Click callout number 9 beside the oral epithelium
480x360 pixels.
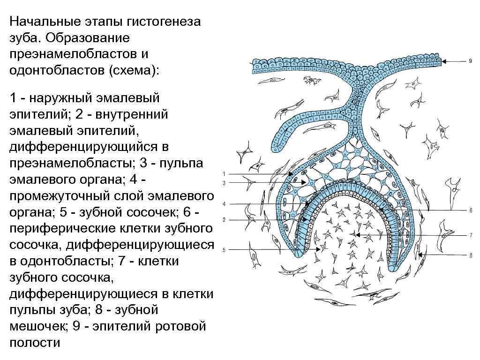coord(470,61)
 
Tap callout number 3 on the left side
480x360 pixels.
coord(224,183)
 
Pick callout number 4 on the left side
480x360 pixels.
coord(224,204)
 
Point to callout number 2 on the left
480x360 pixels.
coord(224,219)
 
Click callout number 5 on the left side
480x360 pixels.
coord(224,250)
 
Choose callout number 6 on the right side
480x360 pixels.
coord(471,210)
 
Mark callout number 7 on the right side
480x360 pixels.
coord(471,234)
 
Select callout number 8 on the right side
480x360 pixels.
coord(471,254)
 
